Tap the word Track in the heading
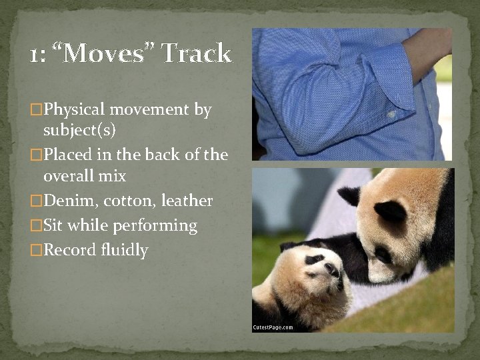click(x=197, y=53)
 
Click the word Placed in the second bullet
click(x=68, y=155)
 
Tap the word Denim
click(x=69, y=201)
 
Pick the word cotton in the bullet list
click(x=129, y=201)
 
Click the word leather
click(x=187, y=201)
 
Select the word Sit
click(x=54, y=225)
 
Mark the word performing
click(x=156, y=226)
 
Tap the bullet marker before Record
click(x=36, y=251)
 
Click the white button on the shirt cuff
click(x=391, y=114)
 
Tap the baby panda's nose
click(x=331, y=270)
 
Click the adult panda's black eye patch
click(x=390, y=213)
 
